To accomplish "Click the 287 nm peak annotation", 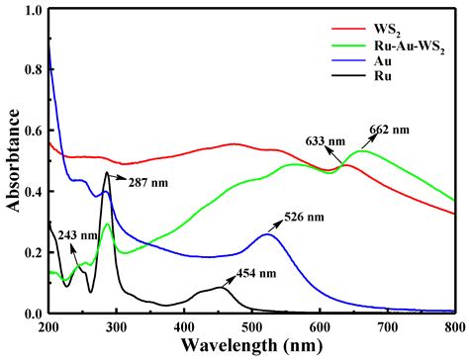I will pyautogui.click(x=140, y=181).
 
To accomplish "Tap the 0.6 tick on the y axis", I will pyautogui.click(x=28, y=132).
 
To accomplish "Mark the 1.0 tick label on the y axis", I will pyautogui.click(x=28, y=11).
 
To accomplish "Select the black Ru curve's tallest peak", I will pyautogui.click(x=107, y=173).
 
